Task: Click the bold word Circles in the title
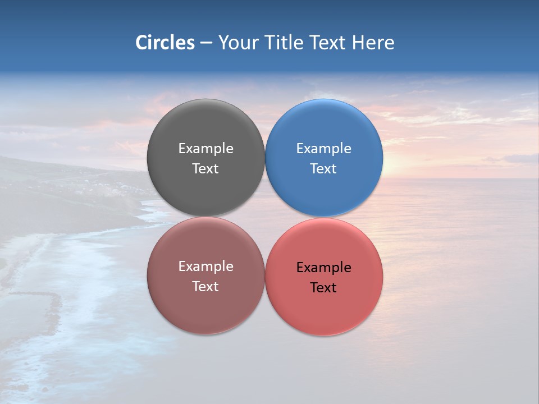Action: click(x=165, y=43)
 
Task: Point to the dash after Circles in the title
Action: click(x=206, y=43)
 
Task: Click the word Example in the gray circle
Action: click(x=205, y=149)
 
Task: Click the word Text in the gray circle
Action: click(x=205, y=169)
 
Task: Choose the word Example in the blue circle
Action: click(x=323, y=149)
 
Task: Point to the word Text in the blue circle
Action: click(x=323, y=169)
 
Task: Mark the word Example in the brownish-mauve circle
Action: click(x=205, y=267)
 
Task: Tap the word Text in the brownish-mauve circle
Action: click(x=205, y=287)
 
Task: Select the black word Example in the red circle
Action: click(x=323, y=268)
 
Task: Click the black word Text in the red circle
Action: click(x=323, y=288)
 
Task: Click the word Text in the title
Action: click(x=328, y=43)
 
